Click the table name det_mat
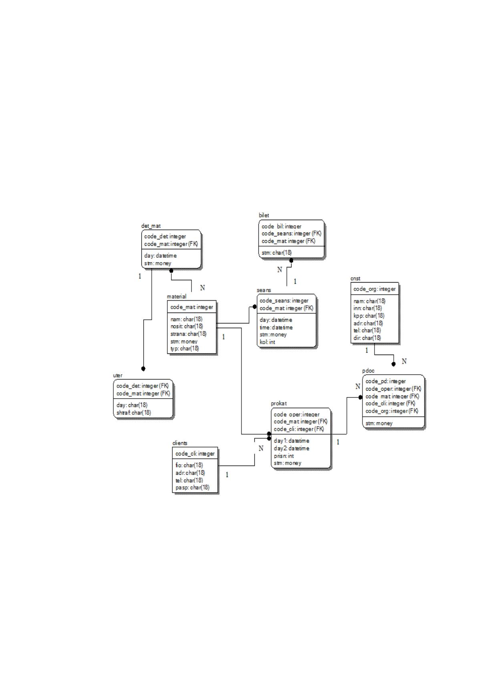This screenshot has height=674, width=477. [151, 226]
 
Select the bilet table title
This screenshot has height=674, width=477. [264, 215]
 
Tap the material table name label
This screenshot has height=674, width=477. [177, 297]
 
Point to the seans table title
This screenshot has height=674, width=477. [264, 290]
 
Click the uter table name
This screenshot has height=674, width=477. [118, 375]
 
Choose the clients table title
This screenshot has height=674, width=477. [180, 443]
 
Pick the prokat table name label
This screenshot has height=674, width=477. [279, 403]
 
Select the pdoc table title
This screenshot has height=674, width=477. [368, 371]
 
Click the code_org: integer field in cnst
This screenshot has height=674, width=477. [374, 289]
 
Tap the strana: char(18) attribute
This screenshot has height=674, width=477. [189, 334]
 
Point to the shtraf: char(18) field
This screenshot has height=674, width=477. [134, 413]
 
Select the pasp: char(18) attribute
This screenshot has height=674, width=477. [192, 487]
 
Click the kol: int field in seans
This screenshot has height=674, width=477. [268, 342]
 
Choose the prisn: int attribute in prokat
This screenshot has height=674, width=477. [284, 456]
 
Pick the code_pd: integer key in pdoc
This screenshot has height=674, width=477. [385, 381]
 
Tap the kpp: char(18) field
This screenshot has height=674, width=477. [369, 316]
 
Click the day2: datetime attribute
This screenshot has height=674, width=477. [292, 448]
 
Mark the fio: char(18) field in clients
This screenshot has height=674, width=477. [189, 465]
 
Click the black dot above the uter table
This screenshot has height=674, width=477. [143, 369]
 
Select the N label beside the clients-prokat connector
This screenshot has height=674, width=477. [261, 448]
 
